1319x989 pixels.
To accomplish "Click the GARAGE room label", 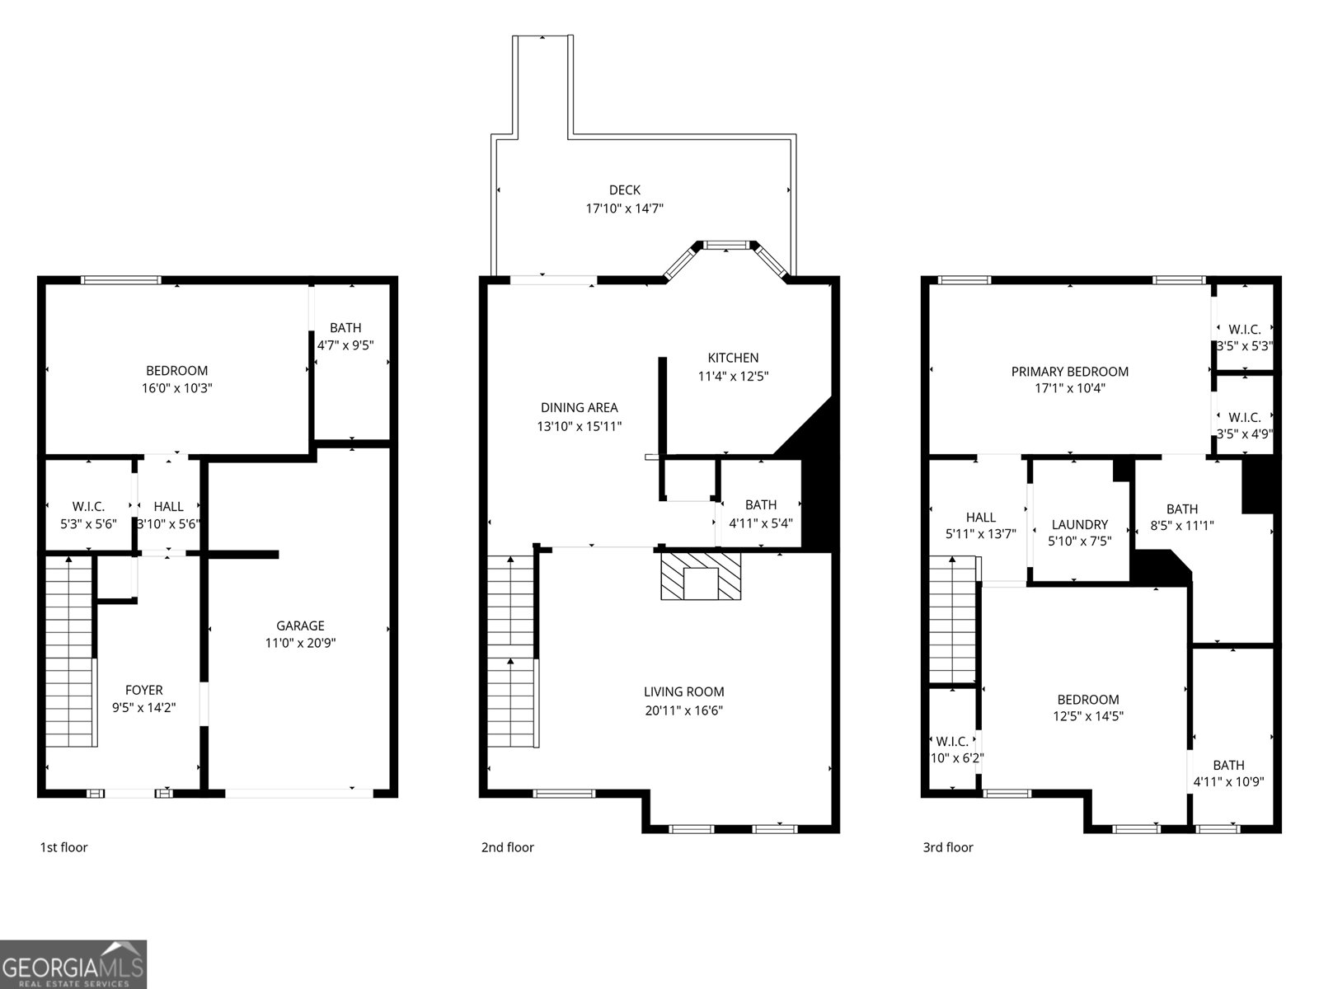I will [x=300, y=626].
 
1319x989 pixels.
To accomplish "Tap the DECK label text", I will [x=624, y=190].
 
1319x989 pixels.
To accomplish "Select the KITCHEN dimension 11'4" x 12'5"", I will [x=733, y=377].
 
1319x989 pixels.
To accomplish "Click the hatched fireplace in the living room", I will [x=701, y=576].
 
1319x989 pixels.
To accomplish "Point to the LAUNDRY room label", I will [x=1079, y=524].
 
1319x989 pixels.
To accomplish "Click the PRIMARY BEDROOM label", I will [x=1069, y=372].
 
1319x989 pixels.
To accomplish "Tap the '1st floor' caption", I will [x=63, y=847].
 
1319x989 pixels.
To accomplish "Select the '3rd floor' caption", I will [x=947, y=847].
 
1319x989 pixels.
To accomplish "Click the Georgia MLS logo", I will [x=73, y=964].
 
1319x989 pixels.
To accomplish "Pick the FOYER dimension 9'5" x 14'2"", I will [x=143, y=707].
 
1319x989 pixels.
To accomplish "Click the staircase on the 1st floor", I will [x=69, y=651].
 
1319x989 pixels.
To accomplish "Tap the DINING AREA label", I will [x=579, y=407].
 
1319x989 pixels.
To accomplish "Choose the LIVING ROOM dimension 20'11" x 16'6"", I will [x=683, y=710].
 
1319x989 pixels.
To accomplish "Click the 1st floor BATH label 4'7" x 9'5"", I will [x=345, y=336].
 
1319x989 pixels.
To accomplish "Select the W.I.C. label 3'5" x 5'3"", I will [x=1244, y=338].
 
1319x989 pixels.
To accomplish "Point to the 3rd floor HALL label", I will [x=980, y=517].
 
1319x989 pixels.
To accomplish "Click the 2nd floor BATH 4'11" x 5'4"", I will [x=760, y=513].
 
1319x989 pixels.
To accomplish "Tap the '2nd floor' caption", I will [x=507, y=847].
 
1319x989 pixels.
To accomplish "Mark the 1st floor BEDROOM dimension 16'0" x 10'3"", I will [x=176, y=388].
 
